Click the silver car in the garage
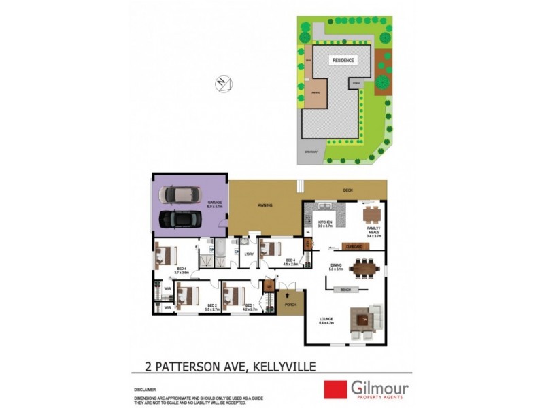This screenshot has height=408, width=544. click(180, 194)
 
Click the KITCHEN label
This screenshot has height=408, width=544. click(324, 224)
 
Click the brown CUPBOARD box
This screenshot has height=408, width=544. click(353, 245)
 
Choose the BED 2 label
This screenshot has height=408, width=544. click(211, 306)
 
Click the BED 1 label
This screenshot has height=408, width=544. click(250, 306)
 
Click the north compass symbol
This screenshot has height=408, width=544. click(223, 84)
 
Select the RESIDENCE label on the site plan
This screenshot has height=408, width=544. click(343, 61)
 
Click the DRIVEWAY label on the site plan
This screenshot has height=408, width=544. click(311, 151)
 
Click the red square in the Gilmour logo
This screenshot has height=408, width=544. click(335, 390)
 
